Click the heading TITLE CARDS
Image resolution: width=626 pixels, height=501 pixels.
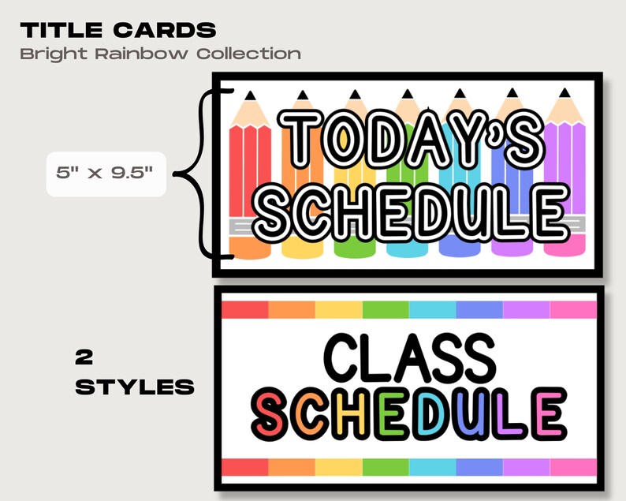[118, 31]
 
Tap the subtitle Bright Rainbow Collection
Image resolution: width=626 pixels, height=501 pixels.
[160, 54]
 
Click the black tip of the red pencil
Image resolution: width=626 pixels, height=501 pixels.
[251, 96]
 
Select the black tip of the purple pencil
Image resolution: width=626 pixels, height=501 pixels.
[563, 95]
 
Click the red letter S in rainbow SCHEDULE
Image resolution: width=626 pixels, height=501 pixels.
[272, 415]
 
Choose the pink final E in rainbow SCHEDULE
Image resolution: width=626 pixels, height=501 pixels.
[547, 415]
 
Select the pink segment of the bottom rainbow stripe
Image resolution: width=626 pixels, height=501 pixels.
[572, 467]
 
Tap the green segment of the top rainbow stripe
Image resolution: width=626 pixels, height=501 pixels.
[386, 308]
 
